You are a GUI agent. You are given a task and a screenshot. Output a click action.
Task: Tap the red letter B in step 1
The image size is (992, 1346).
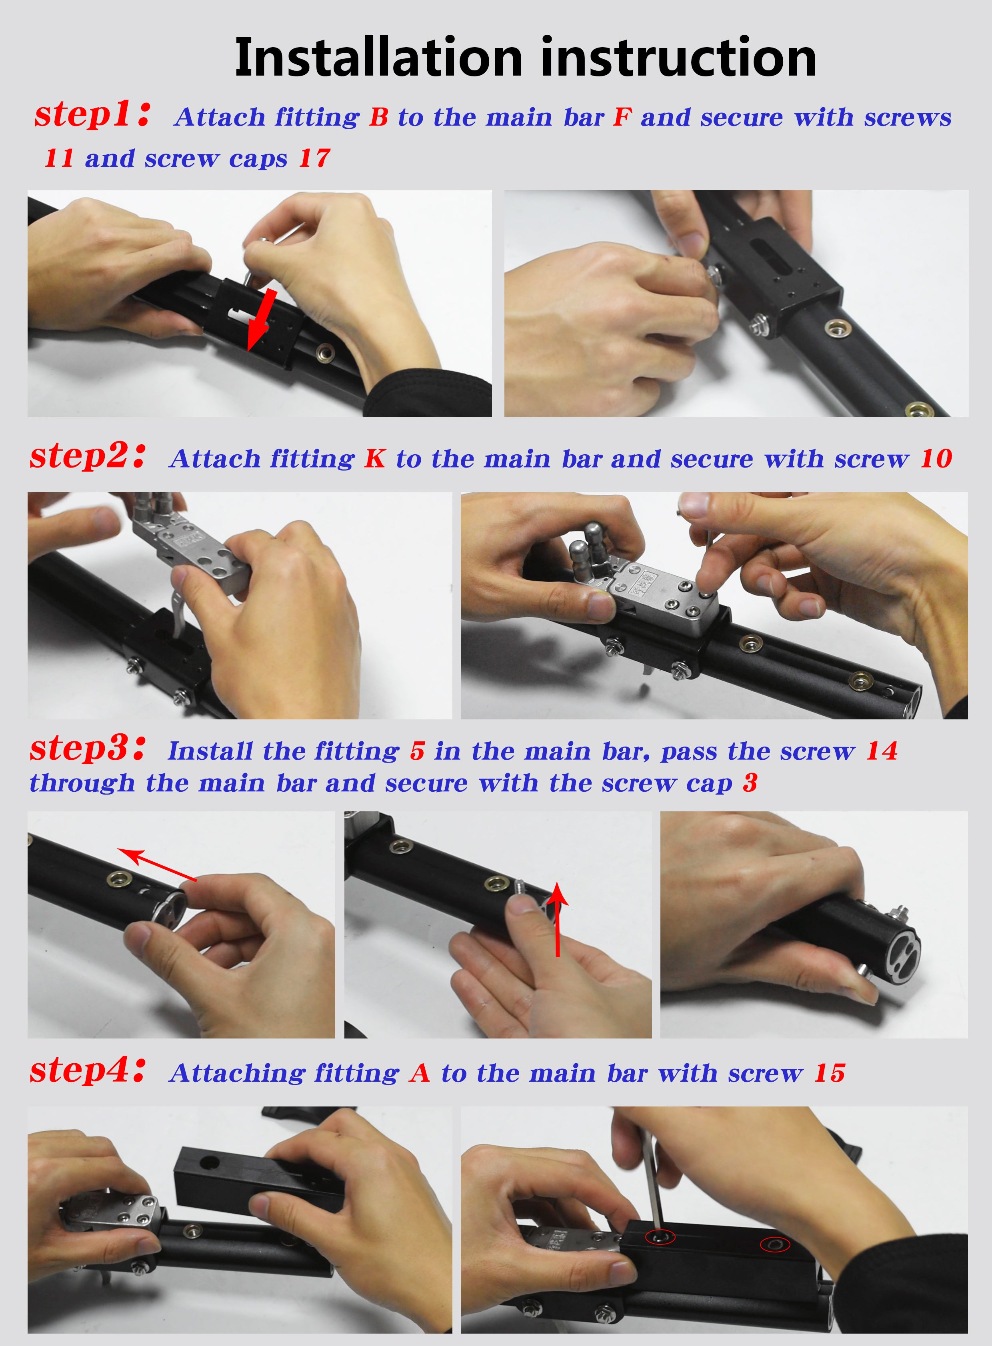(379, 117)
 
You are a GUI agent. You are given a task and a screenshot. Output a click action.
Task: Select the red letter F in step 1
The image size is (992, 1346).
(622, 117)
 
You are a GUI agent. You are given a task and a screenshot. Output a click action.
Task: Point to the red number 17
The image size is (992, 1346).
(315, 158)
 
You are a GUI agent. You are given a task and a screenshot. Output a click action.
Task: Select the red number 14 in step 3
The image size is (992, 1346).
(882, 751)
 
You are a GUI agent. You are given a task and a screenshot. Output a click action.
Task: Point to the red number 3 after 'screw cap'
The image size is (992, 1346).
(750, 783)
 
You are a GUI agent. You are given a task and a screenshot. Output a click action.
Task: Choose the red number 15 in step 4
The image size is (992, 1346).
(830, 1073)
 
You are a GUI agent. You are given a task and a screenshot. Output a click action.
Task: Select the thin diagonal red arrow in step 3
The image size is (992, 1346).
(157, 865)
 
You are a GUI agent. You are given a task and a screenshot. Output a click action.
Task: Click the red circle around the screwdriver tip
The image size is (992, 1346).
(660, 1237)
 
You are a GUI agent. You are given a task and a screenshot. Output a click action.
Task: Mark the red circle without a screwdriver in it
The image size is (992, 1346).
(775, 1244)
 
